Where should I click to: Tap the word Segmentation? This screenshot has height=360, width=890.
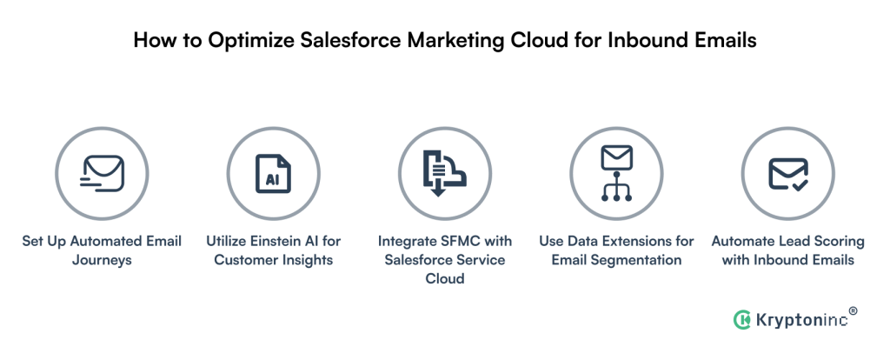click(x=641, y=260)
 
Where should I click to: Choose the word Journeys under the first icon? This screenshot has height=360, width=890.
click(x=102, y=260)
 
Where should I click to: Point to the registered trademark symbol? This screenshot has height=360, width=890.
click(x=853, y=310)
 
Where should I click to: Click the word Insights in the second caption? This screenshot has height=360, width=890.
click(x=306, y=260)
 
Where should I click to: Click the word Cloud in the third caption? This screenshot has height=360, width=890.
click(x=445, y=279)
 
